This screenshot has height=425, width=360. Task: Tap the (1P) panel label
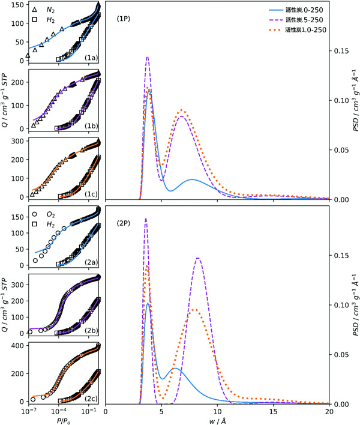(x=124, y=19)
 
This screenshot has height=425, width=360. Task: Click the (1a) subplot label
(x=92, y=58)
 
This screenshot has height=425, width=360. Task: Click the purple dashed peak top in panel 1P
(x=148, y=57)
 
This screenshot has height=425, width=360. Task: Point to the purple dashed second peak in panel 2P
(x=199, y=258)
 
